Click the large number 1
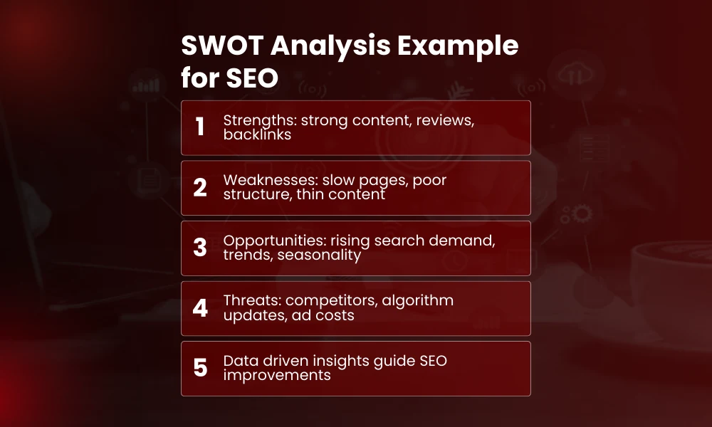200,127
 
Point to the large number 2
200,188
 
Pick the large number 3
200,248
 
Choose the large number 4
200,308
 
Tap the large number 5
200,368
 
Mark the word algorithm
418,300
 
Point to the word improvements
277,375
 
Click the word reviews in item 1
448,120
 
